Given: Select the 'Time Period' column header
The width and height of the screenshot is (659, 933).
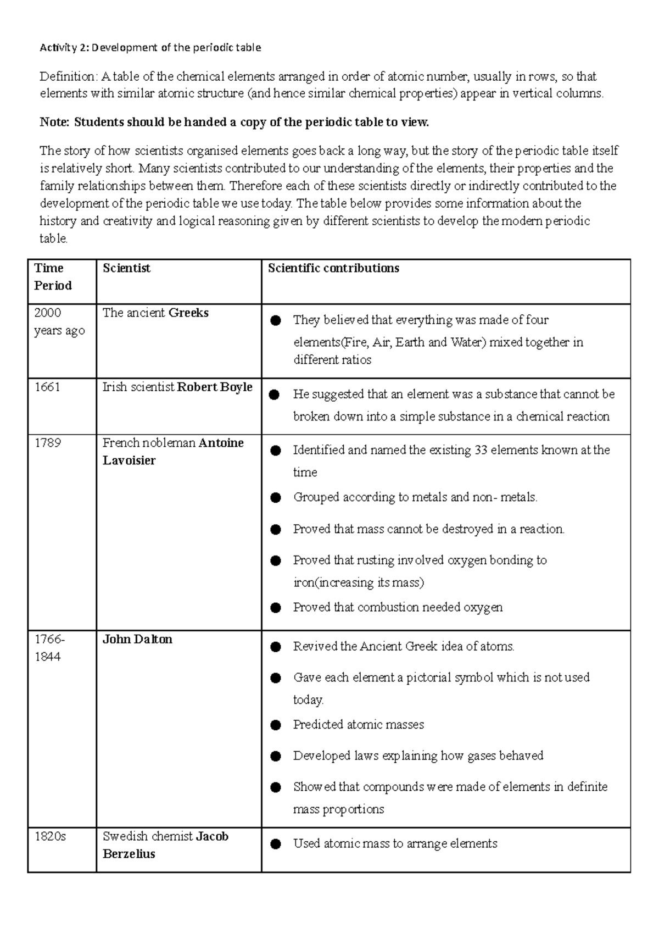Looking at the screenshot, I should [x=53, y=276].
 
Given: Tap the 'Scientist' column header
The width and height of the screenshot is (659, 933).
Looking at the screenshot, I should [x=126, y=268].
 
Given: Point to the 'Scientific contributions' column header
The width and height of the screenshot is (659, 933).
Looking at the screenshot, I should [x=333, y=268].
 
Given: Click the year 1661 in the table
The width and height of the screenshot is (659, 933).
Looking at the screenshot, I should [x=47, y=387].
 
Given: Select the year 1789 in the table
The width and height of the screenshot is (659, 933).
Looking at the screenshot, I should [x=47, y=443].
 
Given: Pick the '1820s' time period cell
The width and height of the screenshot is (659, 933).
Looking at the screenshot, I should [x=50, y=836].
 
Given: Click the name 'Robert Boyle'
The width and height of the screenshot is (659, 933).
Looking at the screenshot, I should [x=215, y=387].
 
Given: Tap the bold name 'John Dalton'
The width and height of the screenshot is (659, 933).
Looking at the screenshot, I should [x=137, y=639].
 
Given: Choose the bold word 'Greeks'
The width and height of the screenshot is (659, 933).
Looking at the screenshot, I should [x=188, y=313].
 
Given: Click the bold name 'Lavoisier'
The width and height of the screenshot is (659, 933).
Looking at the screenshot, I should [x=129, y=460].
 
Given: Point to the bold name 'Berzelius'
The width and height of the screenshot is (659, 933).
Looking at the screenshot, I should [x=129, y=854].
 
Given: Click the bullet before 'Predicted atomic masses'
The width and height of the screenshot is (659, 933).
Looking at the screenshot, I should [x=276, y=725].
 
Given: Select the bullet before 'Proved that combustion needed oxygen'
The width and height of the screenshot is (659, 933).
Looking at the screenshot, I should [x=276, y=608].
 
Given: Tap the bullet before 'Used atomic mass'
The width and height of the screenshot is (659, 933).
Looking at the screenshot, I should [x=276, y=844].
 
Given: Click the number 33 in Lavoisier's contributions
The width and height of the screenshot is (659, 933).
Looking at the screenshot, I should [x=481, y=450].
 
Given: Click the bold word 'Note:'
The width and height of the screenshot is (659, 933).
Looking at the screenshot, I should [x=55, y=122].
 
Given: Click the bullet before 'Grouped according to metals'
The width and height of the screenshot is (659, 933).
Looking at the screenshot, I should [x=276, y=498].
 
